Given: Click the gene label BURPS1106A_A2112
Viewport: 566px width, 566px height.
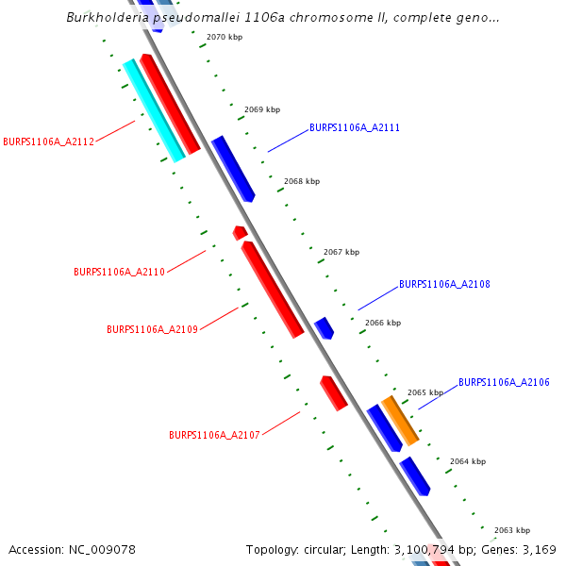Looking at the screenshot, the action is pos(48,142).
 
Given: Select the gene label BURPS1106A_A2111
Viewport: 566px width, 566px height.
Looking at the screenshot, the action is pos(355,127).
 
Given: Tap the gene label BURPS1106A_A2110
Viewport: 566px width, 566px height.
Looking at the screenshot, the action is pos(119,272).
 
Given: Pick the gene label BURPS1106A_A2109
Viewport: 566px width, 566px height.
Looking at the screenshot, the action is pos(152,329).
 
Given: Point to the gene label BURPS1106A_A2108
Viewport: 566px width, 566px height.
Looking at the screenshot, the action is pos(444,284).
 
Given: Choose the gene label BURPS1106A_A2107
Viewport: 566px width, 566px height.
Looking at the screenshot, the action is pos(214,436).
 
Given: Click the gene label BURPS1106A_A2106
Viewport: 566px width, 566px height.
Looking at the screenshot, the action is pos(504,382).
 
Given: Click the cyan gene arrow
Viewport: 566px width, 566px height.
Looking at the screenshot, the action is pos(153,110).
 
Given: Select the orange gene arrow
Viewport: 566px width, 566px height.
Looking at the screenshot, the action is pos(399,420).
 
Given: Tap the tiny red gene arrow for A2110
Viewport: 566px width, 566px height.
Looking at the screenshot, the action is pos(240,232).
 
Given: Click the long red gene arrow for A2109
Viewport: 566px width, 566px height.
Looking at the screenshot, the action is pos(273,289).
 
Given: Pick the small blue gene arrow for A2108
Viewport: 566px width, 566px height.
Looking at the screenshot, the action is pos(324,327).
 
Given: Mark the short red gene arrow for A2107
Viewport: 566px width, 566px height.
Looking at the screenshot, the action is pos(334,392).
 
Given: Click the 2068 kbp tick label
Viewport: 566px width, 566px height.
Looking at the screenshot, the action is pos(301,181).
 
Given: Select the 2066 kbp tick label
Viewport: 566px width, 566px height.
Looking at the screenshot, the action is pos(382,323).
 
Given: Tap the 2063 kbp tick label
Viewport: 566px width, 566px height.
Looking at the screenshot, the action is pos(511,530).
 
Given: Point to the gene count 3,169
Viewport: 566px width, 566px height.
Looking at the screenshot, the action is pos(538,549).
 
